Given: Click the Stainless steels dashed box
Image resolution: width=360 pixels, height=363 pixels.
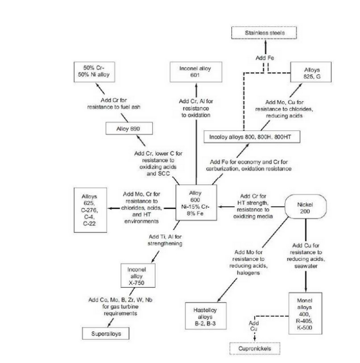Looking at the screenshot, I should pos(264,33).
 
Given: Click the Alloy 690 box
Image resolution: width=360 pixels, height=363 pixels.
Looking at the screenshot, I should pos(122,128).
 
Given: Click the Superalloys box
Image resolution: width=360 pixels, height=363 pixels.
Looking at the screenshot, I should pos(106,333).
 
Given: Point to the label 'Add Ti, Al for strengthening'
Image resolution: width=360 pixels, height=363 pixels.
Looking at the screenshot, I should pos(165,240).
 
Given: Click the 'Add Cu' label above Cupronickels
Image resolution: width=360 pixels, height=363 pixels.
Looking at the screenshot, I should pos(253,326).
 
